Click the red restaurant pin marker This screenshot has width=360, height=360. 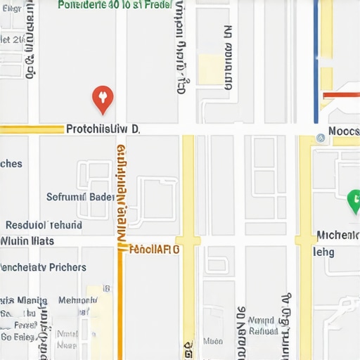click(103, 98)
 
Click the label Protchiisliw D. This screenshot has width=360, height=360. click(103, 129)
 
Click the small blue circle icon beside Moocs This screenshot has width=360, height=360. click(321, 139)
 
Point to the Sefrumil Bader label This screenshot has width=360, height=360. click(80, 197)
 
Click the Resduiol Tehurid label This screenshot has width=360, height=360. click(44, 226)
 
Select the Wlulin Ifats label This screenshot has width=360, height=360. click(27, 241)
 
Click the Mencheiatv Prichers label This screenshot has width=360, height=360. click(43, 267)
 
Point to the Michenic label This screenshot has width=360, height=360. click(337, 235)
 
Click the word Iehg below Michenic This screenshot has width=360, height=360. click(323, 252)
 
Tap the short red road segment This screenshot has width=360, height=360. click(340, 95)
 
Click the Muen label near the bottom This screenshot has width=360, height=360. click(213, 341)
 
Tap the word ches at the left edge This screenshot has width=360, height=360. click(11, 164)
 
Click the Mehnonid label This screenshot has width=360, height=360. click(77, 300)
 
